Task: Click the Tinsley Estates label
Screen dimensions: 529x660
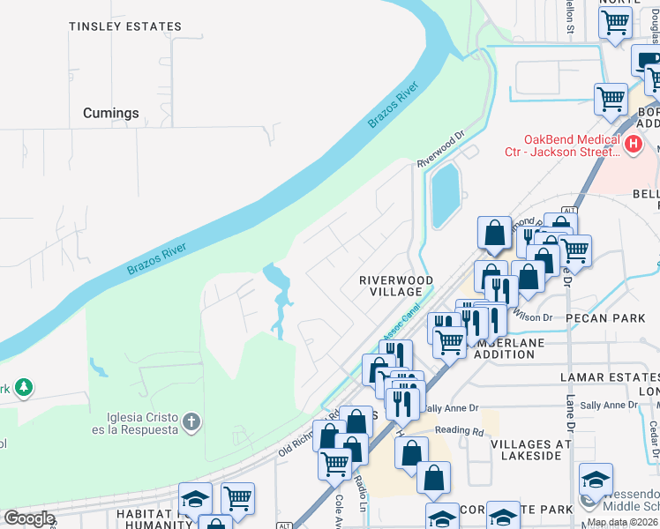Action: tap(125, 27)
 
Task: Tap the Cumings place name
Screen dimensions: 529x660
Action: tap(111, 113)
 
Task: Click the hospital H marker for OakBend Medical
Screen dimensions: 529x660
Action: tap(632, 144)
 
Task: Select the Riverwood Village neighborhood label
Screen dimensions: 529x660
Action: tap(396, 286)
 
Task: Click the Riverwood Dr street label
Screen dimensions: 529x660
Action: tap(440, 150)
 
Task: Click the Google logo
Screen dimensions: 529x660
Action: tap(28, 518)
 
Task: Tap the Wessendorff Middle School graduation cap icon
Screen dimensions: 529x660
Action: tap(596, 480)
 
